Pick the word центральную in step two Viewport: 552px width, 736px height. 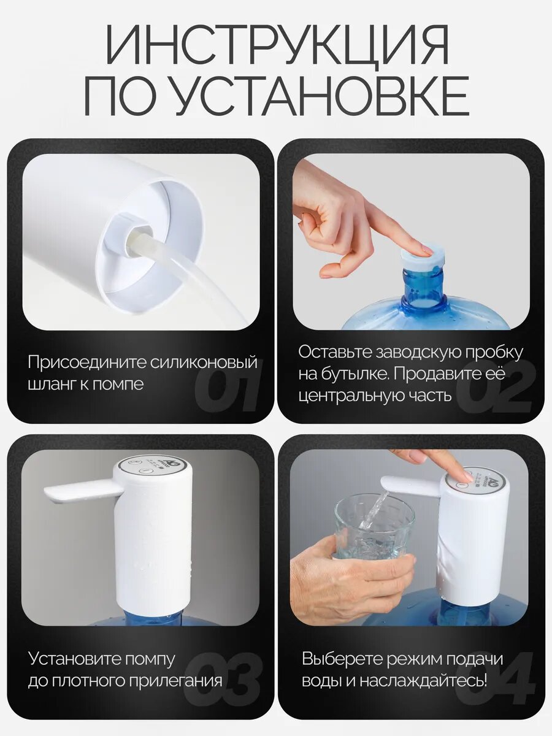[351, 396]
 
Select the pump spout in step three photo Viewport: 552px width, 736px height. [80, 491]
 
